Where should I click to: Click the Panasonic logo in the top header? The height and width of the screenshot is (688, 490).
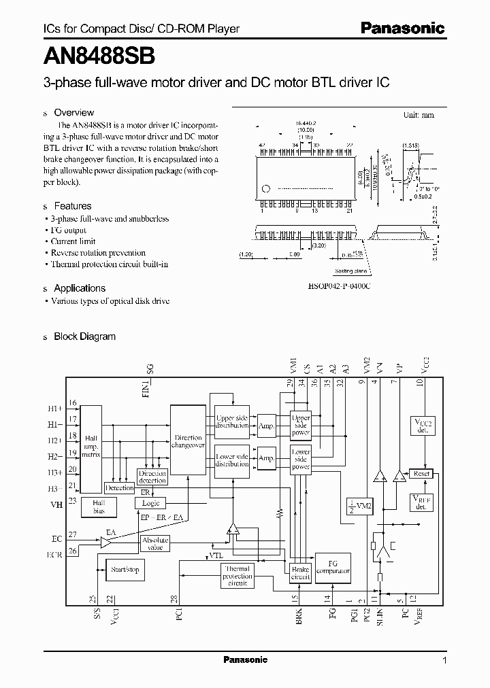402,29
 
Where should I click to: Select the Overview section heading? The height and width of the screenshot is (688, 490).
73,113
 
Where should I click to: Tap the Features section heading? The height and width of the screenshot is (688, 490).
72,206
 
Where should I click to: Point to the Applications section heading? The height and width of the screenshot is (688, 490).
80,288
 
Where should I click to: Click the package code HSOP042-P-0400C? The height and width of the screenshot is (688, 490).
339,287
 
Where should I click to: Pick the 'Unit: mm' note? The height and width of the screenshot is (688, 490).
419,115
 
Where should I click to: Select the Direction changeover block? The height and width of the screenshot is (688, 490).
188,441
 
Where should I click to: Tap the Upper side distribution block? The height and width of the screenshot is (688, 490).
232,422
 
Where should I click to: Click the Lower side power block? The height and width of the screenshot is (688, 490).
300,459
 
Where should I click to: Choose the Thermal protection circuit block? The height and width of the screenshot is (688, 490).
238,576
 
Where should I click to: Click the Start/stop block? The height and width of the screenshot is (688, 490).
125,570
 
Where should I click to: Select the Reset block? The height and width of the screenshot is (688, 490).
422,473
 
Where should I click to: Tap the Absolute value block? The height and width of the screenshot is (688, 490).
155,543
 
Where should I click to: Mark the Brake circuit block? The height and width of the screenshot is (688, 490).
300,572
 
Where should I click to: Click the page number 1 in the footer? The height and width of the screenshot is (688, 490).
444,660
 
